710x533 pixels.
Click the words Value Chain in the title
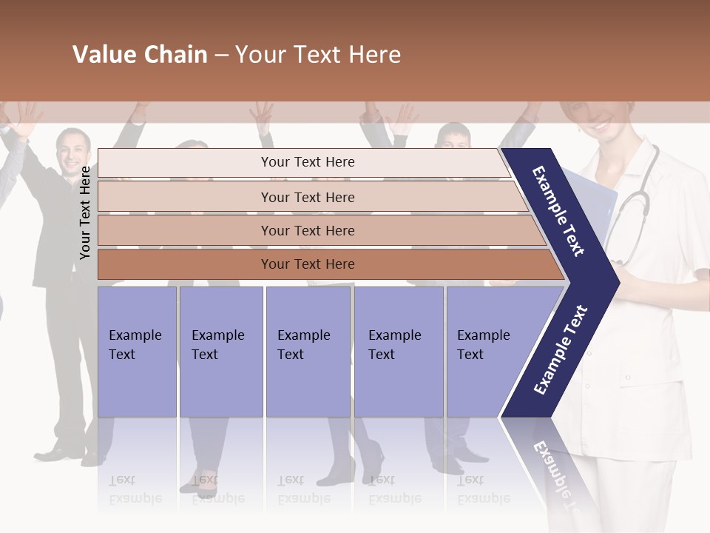click(x=140, y=55)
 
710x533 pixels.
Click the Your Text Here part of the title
click(x=318, y=55)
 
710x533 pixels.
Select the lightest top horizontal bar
click(x=307, y=162)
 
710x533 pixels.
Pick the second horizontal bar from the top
click(x=308, y=197)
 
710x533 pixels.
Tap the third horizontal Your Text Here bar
click(x=308, y=230)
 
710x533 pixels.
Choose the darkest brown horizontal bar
click(x=308, y=264)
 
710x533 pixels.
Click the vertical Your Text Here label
click(x=85, y=213)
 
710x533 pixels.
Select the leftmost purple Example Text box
click(x=137, y=352)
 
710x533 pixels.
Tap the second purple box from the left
click(x=220, y=352)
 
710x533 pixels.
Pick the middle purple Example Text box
click(x=308, y=352)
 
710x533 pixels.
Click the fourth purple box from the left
click(x=398, y=352)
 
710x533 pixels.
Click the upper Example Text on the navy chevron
click(x=558, y=211)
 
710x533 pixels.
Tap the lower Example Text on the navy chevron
click(x=561, y=349)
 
